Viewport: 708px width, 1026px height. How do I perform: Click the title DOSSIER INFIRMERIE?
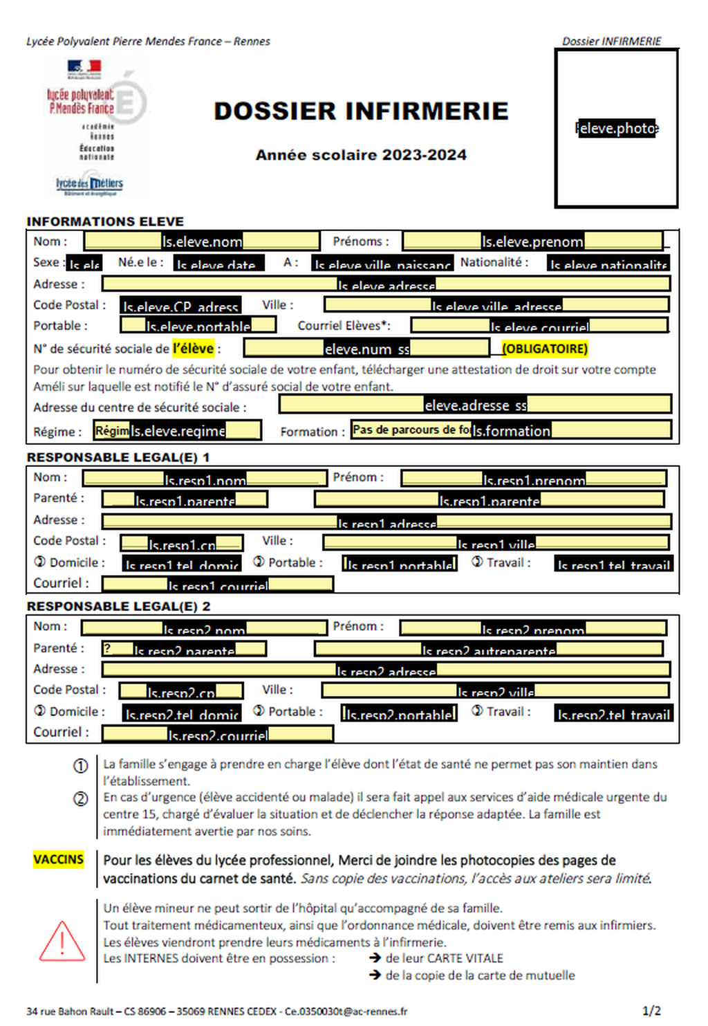pyautogui.click(x=361, y=111)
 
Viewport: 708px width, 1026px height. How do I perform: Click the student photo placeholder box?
pyautogui.click(x=616, y=129)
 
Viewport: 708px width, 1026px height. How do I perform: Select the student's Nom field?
pyautogui.click(x=202, y=241)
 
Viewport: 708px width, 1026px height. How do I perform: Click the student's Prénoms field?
pyautogui.click(x=532, y=241)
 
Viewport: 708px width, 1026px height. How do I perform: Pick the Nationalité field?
pyautogui.click(x=608, y=264)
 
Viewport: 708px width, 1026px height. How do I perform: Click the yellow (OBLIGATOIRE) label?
pyautogui.click(x=545, y=349)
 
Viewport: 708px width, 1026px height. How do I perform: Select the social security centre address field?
pyautogui.click(x=475, y=405)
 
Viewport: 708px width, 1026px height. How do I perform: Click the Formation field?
pyautogui.click(x=511, y=430)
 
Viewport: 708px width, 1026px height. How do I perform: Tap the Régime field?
pyautogui.click(x=178, y=430)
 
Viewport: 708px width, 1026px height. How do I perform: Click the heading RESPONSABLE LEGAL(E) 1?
pyautogui.click(x=118, y=457)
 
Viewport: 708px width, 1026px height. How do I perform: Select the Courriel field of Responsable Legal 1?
pyautogui.click(x=218, y=585)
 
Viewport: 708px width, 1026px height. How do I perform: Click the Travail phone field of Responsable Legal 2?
pyautogui.click(x=614, y=713)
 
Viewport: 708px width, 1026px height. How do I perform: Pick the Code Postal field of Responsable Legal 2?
pyautogui.click(x=181, y=691)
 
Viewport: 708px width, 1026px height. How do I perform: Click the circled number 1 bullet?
pyautogui.click(x=81, y=766)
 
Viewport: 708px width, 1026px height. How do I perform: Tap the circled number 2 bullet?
pyautogui.click(x=81, y=798)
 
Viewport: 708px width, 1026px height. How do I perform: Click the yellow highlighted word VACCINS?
pyautogui.click(x=59, y=859)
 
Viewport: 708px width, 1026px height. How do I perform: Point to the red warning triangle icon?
pyautogui.click(x=62, y=942)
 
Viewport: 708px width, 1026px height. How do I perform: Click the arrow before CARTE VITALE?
pyautogui.click(x=375, y=958)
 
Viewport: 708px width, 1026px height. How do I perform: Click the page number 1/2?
pyautogui.click(x=651, y=1011)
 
